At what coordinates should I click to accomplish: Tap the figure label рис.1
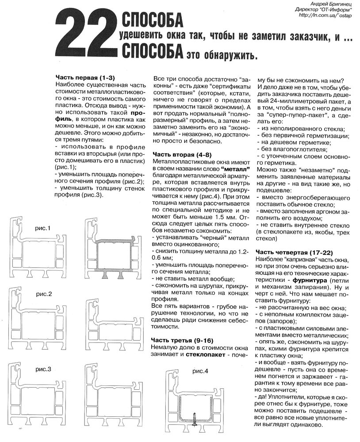[43, 228]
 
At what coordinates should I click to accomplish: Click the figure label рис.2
[44, 294]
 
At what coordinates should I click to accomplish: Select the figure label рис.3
[43, 369]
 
